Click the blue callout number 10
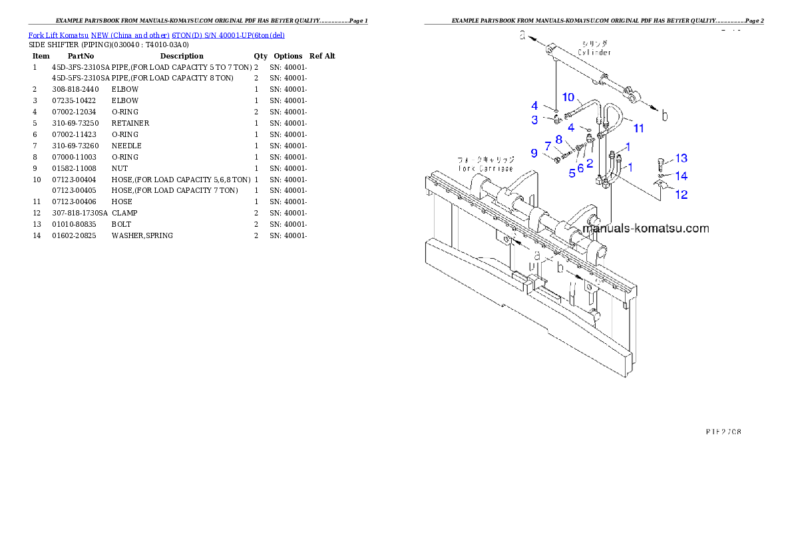point(568,97)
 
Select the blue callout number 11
point(638,127)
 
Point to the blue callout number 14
point(682,176)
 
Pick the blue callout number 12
point(682,195)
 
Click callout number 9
point(534,153)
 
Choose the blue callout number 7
point(548,146)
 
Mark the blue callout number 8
point(559,139)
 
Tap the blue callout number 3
point(534,120)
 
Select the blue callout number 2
point(590,162)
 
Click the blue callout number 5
point(572,174)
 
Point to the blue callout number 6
point(580,168)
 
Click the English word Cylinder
point(595,52)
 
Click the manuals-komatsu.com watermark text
point(646,228)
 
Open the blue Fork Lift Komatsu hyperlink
point(156,35)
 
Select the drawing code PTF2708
point(723,431)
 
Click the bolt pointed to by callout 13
point(661,161)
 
